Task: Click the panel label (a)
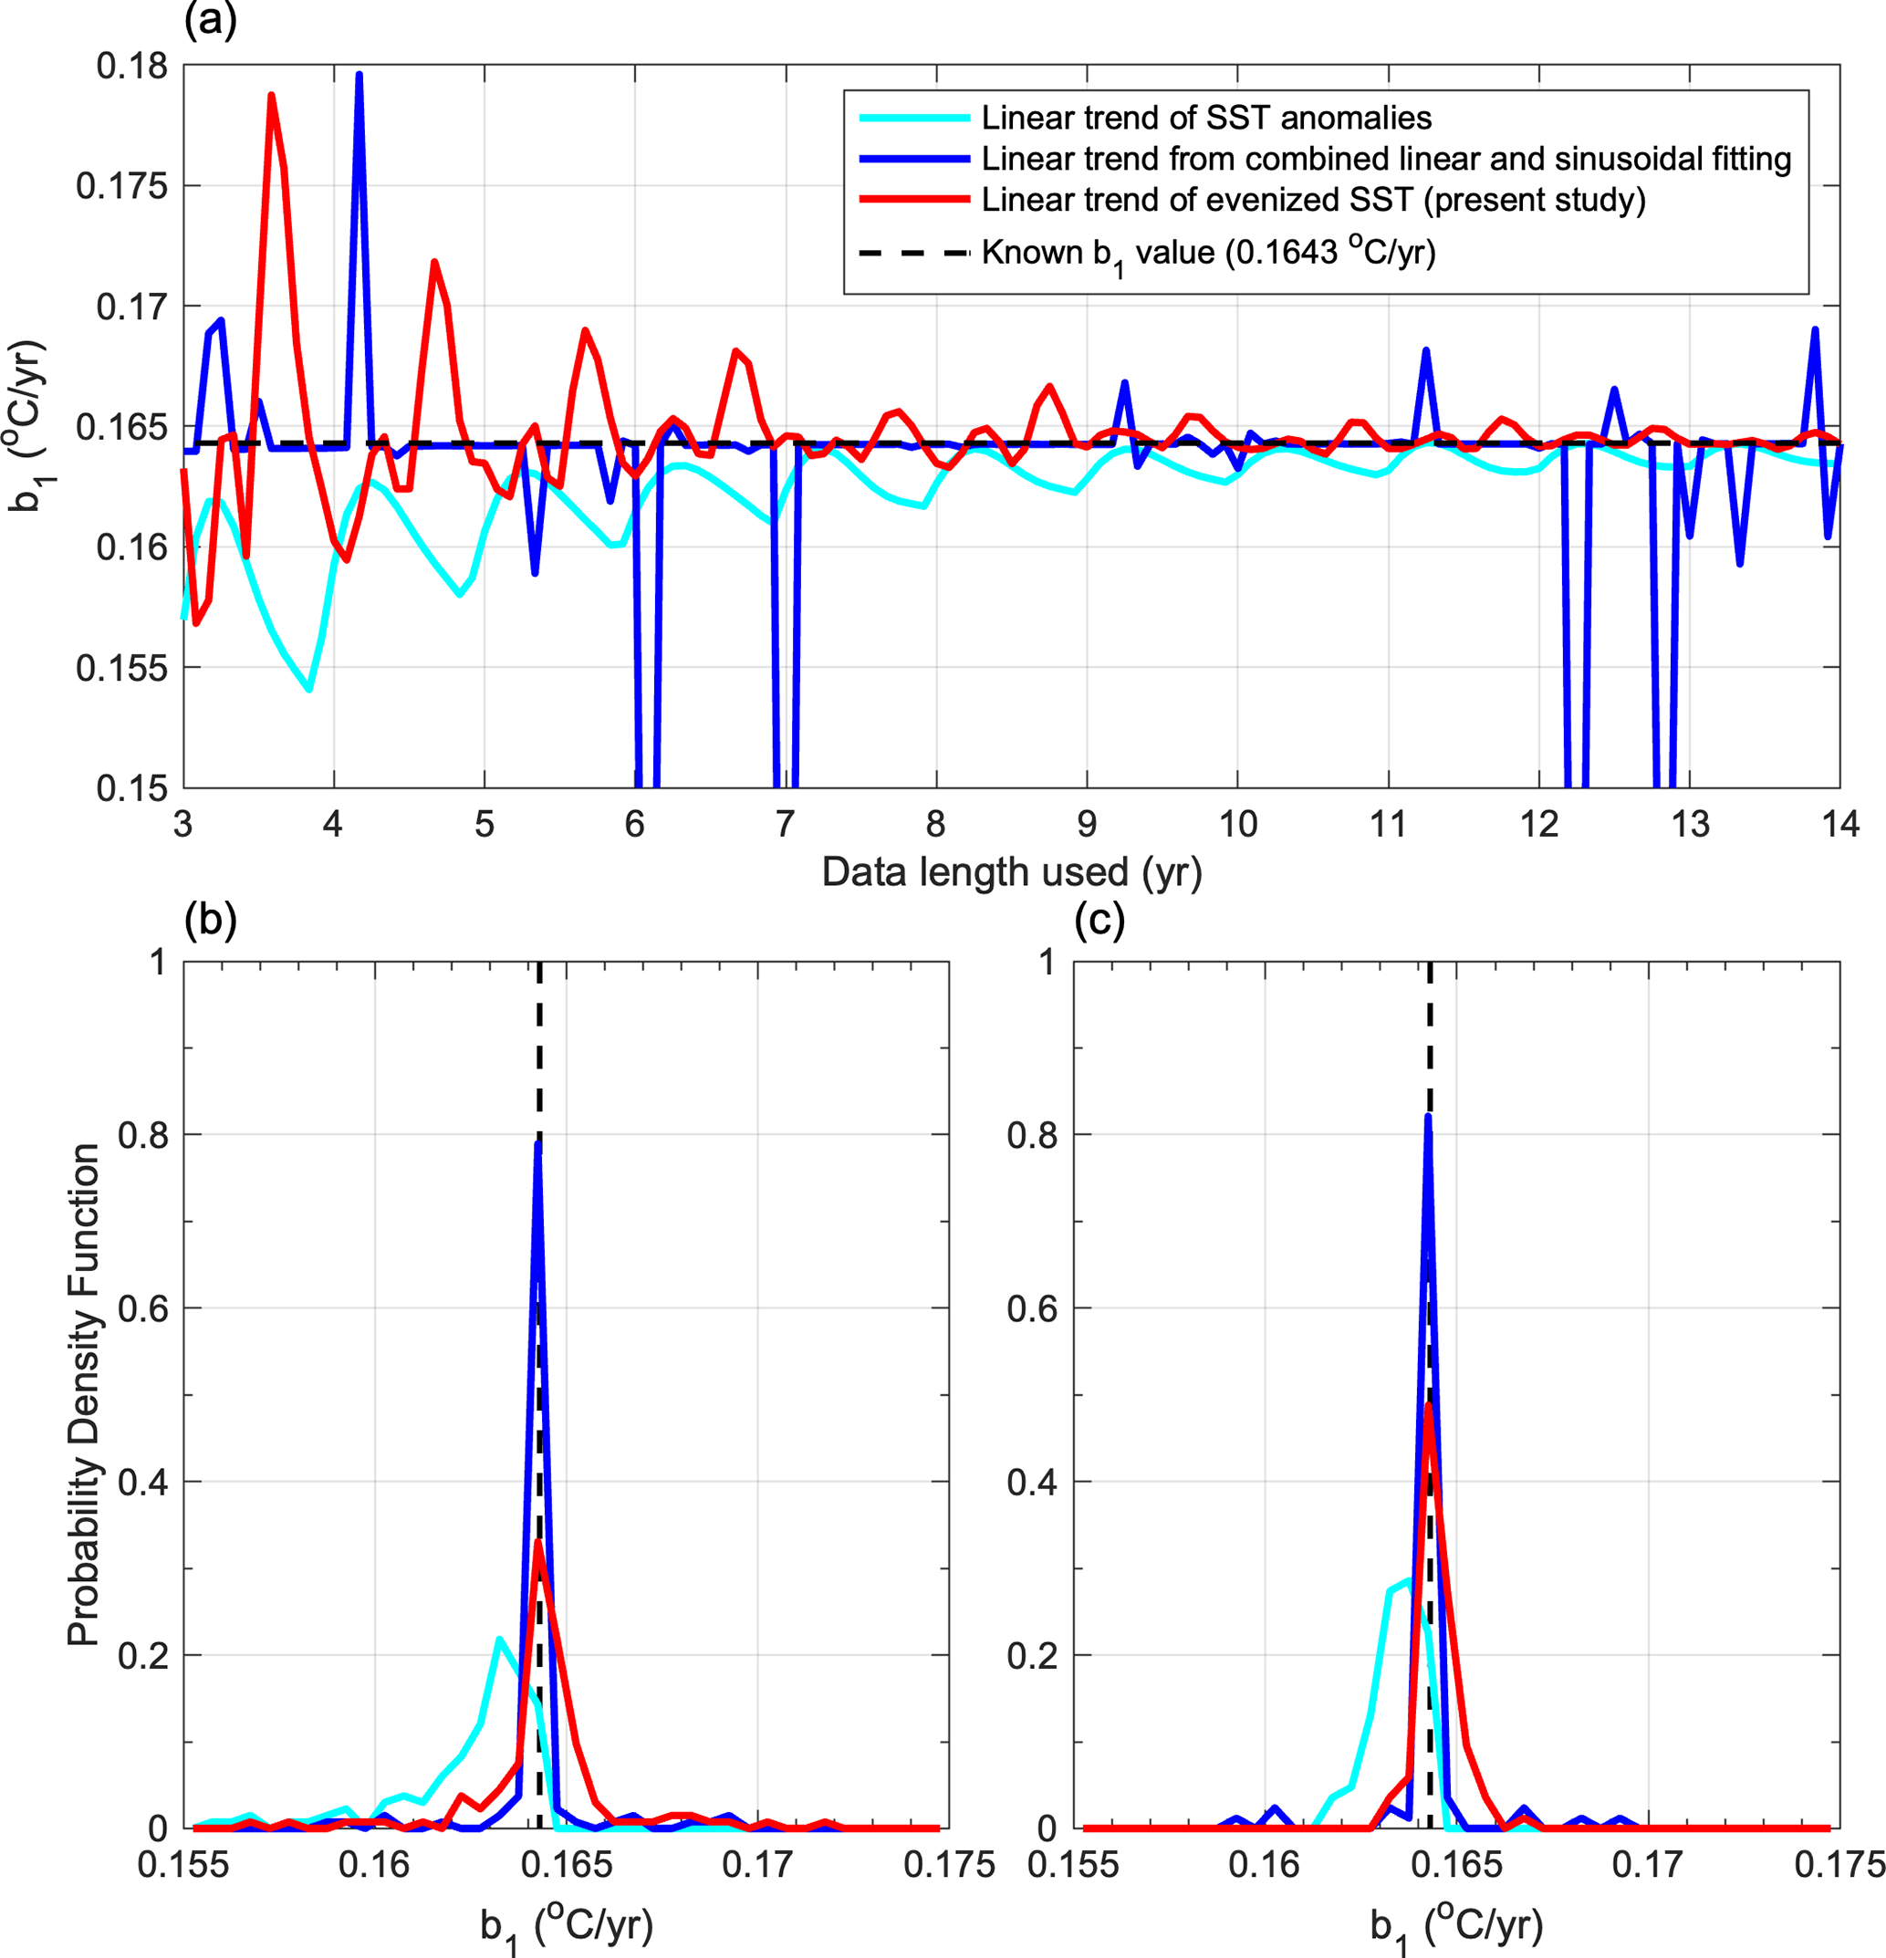click(x=210, y=20)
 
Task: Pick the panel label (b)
click(x=210, y=918)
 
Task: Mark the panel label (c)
click(x=1099, y=918)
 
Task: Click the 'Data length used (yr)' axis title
click(x=1011, y=872)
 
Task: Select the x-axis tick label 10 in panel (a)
click(x=1237, y=824)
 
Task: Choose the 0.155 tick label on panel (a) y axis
click(x=122, y=668)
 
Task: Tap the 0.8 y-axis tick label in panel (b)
click(x=141, y=1135)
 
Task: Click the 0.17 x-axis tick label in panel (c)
click(x=1648, y=1864)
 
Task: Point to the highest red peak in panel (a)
click(x=271, y=95)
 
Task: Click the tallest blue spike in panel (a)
click(x=359, y=74)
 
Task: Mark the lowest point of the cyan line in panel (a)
click(x=309, y=689)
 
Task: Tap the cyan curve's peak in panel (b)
click(x=498, y=1640)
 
